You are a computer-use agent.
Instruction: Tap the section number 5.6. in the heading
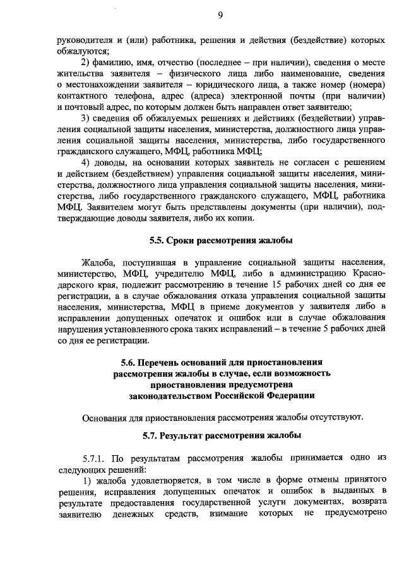(x=130, y=362)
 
